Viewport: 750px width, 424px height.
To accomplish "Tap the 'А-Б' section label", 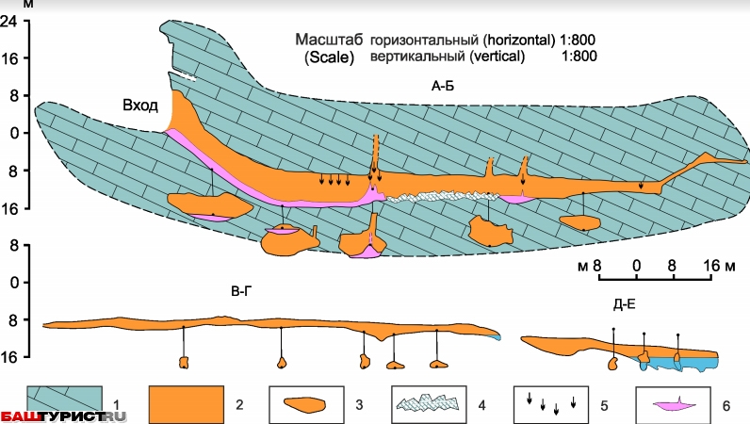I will click(444, 87).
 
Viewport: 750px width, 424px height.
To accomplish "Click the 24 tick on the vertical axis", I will click(11, 20).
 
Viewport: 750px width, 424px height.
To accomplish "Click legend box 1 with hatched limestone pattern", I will click(66, 403).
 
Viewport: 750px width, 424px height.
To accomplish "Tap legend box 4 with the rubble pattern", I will click(429, 403).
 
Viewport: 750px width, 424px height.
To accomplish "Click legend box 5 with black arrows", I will click(551, 403).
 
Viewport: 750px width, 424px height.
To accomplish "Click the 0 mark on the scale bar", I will click(637, 266).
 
